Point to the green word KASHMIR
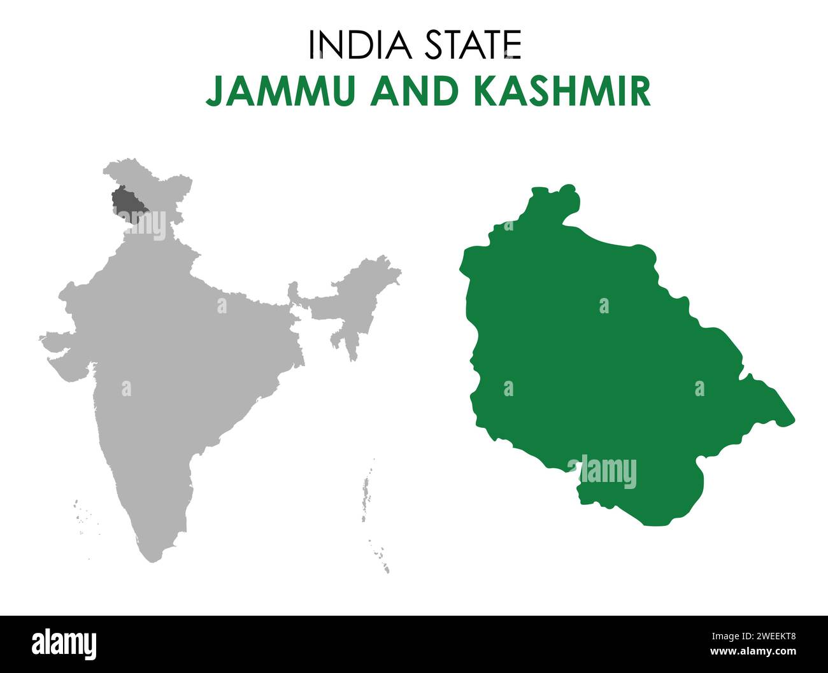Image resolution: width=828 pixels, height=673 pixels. click(x=562, y=91)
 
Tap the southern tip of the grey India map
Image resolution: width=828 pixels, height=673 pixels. click(x=150, y=558)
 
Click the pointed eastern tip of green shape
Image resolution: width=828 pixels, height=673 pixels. click(x=792, y=420)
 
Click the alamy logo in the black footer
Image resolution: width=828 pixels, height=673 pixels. click(x=64, y=644)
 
